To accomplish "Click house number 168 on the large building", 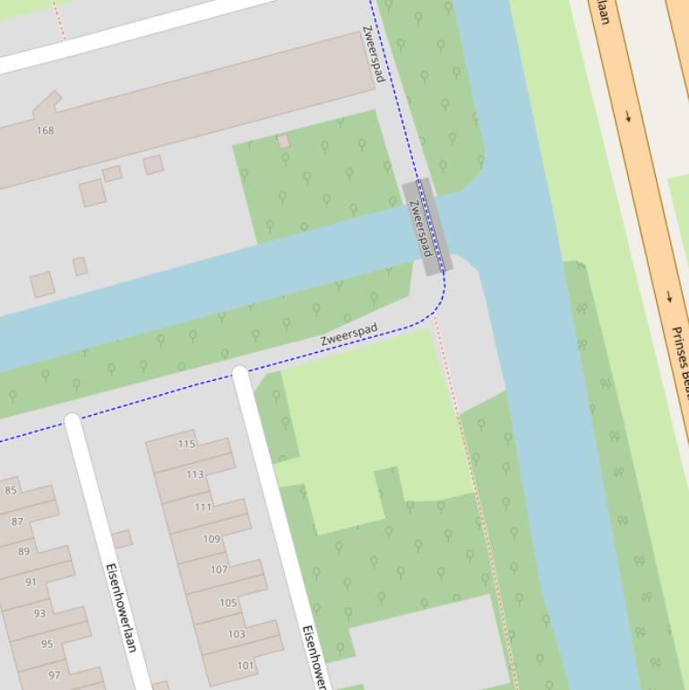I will (45, 131).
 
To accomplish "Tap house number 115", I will (186, 444).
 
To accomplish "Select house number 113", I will (195, 474).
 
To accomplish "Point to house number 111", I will (203, 507).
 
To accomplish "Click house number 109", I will (211, 539).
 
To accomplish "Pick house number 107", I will (219, 570).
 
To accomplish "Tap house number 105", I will (228, 603).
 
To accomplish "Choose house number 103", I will (237, 634).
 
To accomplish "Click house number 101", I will (245, 666).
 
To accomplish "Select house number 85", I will (11, 490).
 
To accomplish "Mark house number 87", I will (18, 522).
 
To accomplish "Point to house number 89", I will (24, 552).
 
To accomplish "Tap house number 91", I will (31, 582).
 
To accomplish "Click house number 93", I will (39, 614).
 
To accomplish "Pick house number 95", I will (47, 644).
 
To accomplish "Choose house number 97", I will (55, 675).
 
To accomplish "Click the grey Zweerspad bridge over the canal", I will (426, 228).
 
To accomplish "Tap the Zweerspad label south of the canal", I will (349, 335).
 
